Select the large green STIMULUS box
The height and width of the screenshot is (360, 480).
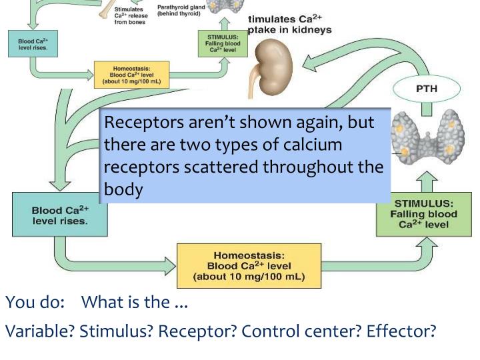coord(426,214)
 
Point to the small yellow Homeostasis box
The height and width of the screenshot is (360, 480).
coord(131,75)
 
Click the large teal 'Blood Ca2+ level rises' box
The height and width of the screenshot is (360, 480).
coord(60,214)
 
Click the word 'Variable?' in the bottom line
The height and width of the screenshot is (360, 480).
coord(40,331)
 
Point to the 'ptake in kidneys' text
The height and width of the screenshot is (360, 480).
coord(290,30)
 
